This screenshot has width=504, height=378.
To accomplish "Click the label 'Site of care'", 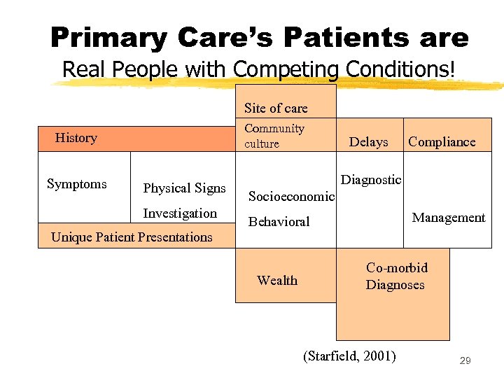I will [x=276, y=108].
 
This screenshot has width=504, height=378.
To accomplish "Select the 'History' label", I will [x=76, y=138].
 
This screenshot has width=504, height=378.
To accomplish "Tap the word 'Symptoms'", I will [x=76, y=184].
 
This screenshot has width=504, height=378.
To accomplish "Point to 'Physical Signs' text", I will [x=184, y=188].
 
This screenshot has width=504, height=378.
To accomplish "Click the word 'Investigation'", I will [x=180, y=213].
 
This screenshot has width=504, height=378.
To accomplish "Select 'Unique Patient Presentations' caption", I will [x=132, y=237].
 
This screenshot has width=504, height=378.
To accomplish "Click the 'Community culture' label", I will [x=274, y=136].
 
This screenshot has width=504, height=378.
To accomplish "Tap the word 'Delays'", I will [x=368, y=142].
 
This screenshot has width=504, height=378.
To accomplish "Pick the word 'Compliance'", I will [x=442, y=142].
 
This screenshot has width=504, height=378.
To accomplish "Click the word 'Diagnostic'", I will [x=371, y=180].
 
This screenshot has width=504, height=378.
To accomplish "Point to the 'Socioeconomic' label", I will [x=291, y=197].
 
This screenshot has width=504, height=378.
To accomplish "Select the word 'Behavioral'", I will [x=279, y=222].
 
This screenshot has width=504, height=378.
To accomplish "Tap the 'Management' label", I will [x=448, y=218].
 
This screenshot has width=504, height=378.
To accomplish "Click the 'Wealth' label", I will [x=277, y=281].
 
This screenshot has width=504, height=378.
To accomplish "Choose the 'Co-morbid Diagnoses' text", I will [x=396, y=276].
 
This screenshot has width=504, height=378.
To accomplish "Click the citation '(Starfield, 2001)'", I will [x=349, y=356].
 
